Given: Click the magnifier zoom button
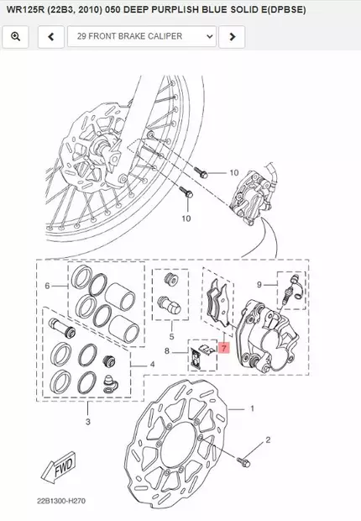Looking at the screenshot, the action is [16, 36].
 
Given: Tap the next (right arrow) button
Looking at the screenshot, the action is [233, 36].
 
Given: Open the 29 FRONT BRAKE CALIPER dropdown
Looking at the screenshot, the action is [142, 36].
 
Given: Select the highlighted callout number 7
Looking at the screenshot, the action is [224, 348].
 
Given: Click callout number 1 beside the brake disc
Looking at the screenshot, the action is [252, 408].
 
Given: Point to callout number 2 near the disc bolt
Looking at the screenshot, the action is [268, 440].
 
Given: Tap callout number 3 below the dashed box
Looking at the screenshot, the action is [87, 422].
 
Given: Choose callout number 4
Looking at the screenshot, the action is [152, 365].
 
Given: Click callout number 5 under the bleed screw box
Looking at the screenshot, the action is [171, 337].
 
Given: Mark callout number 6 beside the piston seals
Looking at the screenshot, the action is [48, 286].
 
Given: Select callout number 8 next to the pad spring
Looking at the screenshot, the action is [167, 351].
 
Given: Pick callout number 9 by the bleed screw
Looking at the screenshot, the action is [259, 284].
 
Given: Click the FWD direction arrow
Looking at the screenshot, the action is [59, 467].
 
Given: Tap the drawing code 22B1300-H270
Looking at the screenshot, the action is [61, 501].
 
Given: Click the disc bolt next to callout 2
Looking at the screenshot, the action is [243, 461].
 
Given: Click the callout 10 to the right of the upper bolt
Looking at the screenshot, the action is [234, 173].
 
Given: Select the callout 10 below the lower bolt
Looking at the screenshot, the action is [186, 218].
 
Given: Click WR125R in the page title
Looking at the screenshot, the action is [25, 9].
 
